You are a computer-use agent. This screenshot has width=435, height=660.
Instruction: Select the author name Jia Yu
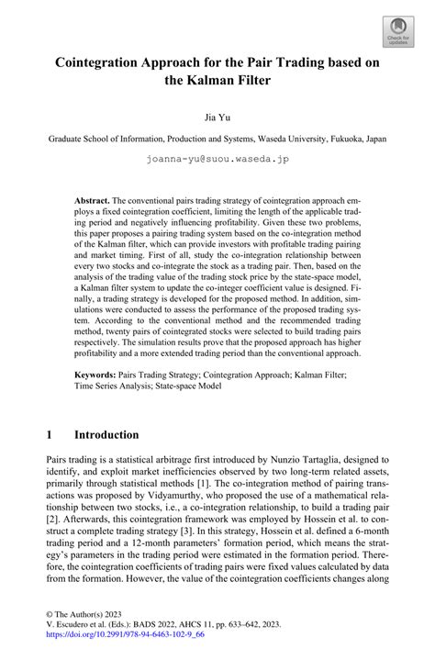point(217,118)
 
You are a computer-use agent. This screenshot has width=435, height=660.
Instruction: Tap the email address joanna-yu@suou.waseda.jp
point(217,158)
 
